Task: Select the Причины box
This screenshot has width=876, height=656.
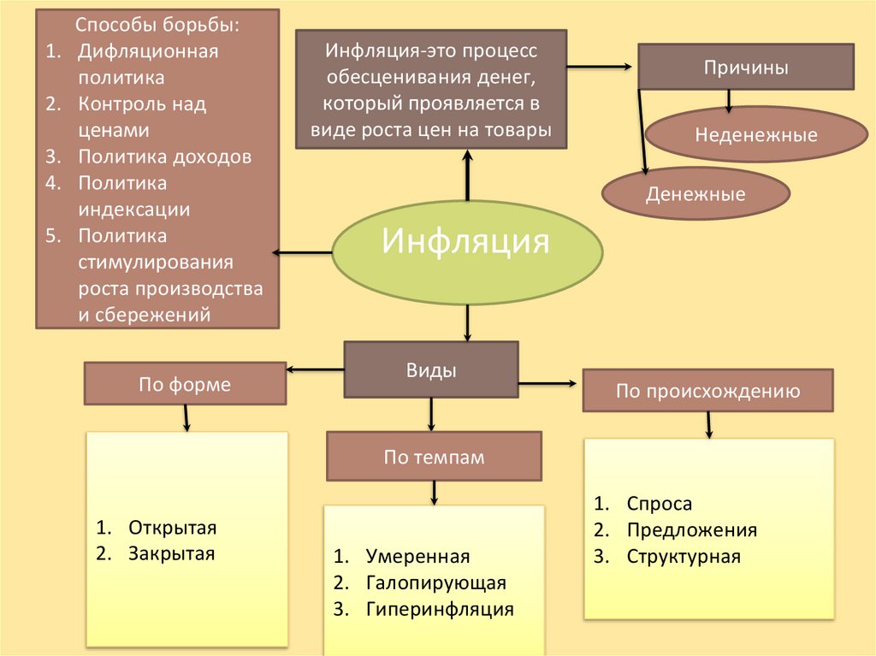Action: (745, 68)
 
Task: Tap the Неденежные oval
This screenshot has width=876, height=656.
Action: (755, 134)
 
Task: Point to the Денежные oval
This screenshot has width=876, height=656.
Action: (695, 194)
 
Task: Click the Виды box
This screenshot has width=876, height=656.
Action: (430, 369)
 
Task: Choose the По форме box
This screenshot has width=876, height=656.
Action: (185, 384)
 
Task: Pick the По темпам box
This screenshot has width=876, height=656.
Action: (434, 457)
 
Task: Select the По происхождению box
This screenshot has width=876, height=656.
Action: (707, 392)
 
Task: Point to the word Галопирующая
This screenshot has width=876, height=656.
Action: (436, 583)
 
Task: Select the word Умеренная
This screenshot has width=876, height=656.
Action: (418, 557)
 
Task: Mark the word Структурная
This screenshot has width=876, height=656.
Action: (684, 557)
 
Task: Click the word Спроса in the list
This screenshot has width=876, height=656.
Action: (659, 504)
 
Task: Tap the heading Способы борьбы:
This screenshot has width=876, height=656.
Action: (157, 25)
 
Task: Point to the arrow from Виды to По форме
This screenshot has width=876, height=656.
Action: (315, 369)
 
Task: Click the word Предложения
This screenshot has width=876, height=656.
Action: (692, 530)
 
